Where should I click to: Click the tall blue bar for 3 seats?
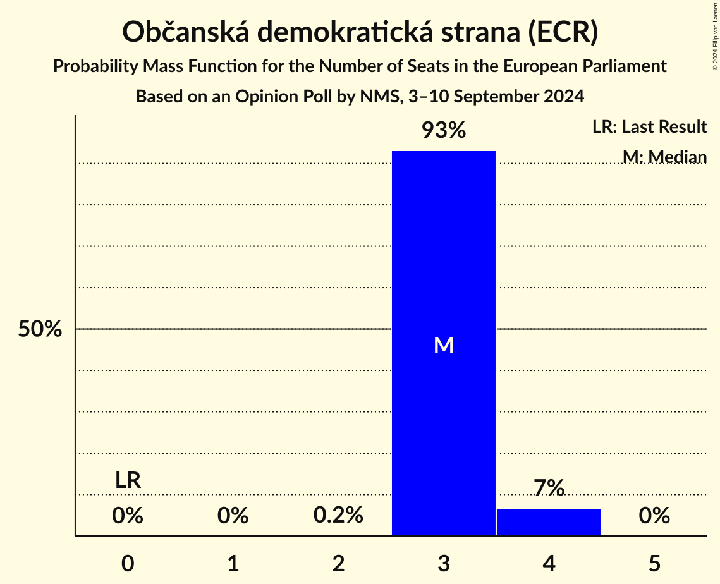point(443,253)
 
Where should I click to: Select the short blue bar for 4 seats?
point(549,522)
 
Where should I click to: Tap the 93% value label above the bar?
point(444,131)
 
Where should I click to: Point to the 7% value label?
point(549,488)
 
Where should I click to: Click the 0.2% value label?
point(338,516)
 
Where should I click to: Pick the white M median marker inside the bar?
point(444,345)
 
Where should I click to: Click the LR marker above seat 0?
point(128,480)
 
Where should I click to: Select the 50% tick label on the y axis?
point(40,329)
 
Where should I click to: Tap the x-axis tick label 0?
point(128,564)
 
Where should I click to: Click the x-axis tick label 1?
point(233,564)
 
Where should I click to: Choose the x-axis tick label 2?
point(338,564)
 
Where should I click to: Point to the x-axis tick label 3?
point(444,564)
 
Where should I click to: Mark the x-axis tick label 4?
point(549,564)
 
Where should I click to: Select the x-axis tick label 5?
point(654,564)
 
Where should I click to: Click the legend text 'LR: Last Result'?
point(649,127)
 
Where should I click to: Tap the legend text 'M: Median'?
point(664,156)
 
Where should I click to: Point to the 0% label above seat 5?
point(654,516)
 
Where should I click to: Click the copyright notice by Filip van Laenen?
point(715,36)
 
